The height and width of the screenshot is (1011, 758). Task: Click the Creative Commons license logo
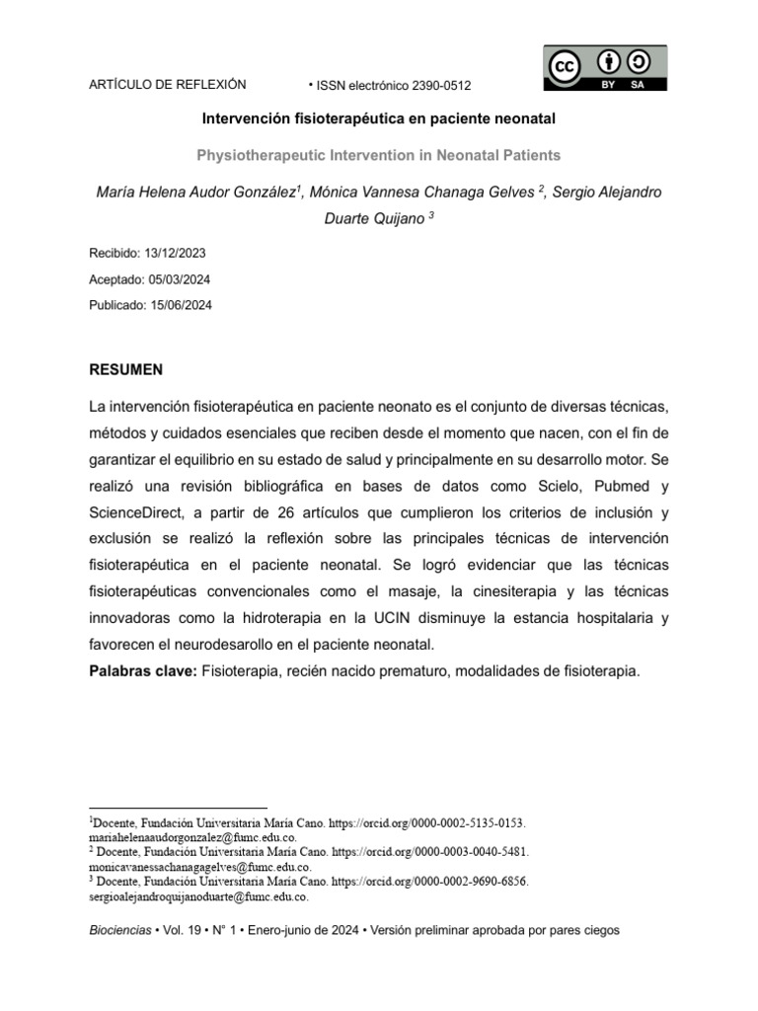click(605, 68)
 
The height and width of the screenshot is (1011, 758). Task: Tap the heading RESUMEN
click(126, 369)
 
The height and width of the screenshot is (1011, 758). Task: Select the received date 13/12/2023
click(178, 253)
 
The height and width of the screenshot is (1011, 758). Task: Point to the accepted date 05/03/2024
click(181, 279)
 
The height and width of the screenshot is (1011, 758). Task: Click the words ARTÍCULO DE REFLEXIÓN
click(168, 85)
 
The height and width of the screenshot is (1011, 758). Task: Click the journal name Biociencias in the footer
click(120, 931)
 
